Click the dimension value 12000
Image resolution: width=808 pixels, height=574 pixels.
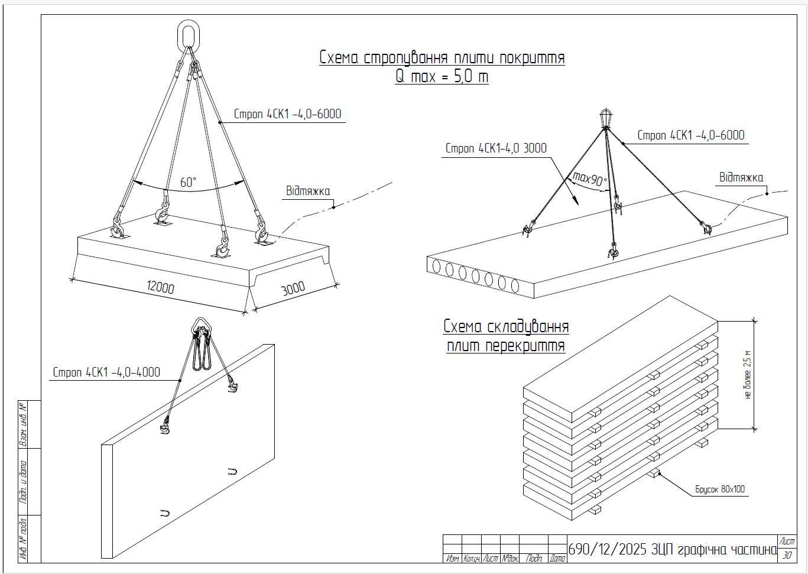pos(161,287)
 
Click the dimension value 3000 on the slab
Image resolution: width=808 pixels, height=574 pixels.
pos(293,288)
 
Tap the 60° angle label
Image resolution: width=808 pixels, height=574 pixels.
pos(189,182)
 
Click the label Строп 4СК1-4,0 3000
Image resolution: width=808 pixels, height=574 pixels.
pos(496,148)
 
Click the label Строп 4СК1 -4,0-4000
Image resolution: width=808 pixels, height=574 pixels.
pos(106,372)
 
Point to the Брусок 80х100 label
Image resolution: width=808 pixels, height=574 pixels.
pos(720,489)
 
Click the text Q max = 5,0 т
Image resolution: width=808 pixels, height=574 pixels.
pos(442,76)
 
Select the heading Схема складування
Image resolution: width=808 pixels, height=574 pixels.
pos(506,326)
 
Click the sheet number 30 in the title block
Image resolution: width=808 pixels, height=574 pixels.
pos(787,556)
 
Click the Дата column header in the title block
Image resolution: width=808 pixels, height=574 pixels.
pos(557,559)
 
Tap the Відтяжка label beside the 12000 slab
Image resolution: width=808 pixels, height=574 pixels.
pos(308,190)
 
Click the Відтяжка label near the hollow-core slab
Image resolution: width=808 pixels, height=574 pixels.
pos(741,177)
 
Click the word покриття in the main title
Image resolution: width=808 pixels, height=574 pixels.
pos(527,58)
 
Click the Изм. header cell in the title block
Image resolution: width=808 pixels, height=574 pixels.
pos(452,559)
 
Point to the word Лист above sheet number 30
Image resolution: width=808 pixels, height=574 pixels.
pos(787,541)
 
